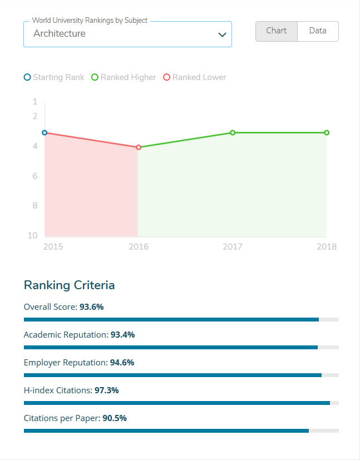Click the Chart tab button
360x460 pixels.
point(277,31)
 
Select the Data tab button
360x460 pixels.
point(318,31)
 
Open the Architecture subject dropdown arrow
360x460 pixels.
point(222,34)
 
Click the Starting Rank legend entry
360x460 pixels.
point(54,77)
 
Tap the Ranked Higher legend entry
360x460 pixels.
point(124,77)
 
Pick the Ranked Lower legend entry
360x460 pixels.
point(195,77)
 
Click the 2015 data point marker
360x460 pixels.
point(45,132)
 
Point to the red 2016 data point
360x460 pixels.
point(139,147)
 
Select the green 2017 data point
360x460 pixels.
point(233,132)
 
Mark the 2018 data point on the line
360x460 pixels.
point(327,132)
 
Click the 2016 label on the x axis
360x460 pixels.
point(139,246)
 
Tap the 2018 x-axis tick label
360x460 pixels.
point(327,246)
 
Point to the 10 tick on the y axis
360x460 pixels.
point(33,236)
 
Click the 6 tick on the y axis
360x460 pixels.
point(34,176)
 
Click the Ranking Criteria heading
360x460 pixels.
point(69,285)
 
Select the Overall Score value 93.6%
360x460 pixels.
point(92,306)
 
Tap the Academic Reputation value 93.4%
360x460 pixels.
point(122,334)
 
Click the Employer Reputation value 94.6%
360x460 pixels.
point(122,362)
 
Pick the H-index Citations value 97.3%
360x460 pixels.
point(107,390)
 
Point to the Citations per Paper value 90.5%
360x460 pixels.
point(115,418)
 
